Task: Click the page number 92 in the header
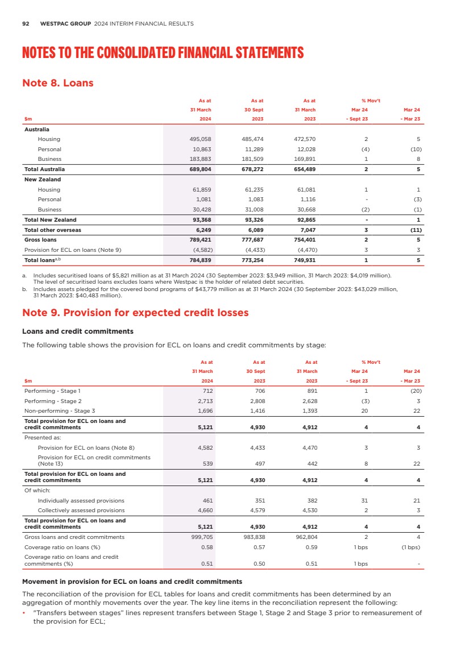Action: point(26,24)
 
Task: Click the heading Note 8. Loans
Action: point(57,83)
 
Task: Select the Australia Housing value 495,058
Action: point(200,139)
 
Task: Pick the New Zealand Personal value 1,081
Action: point(204,200)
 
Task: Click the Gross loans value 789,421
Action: point(200,240)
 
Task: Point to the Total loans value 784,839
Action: point(200,260)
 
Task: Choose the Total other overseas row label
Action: point(52,230)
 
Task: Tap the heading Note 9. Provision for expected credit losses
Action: point(135,313)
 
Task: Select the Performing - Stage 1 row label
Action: point(53,391)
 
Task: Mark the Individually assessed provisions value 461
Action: point(207,500)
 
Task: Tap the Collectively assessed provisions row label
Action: point(81,511)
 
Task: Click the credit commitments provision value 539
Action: point(207,463)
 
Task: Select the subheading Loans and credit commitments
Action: point(77,331)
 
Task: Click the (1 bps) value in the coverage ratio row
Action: point(410,547)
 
